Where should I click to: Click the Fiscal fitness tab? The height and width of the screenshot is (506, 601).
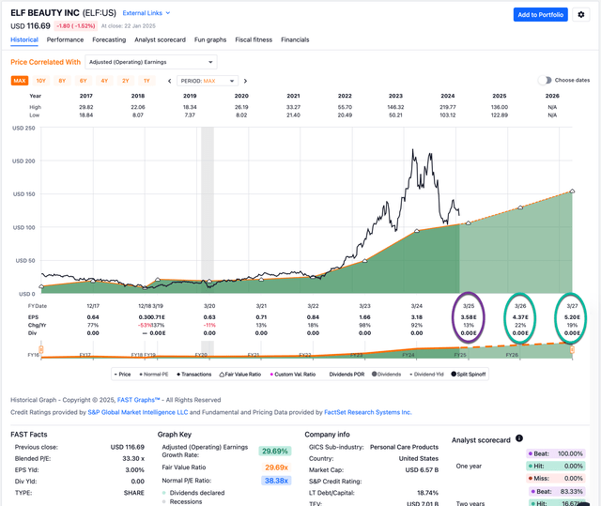coord(254,39)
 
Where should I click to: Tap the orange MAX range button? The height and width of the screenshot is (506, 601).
coord(20,81)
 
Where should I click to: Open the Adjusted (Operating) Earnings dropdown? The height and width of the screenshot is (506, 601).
coord(150,62)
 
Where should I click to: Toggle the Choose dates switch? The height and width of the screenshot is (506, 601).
coord(545,81)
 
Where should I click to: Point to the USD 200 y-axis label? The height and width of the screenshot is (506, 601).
coord(23,161)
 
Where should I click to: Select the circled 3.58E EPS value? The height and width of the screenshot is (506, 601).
coord(470,316)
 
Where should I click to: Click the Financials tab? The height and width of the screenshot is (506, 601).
coord(295,39)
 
